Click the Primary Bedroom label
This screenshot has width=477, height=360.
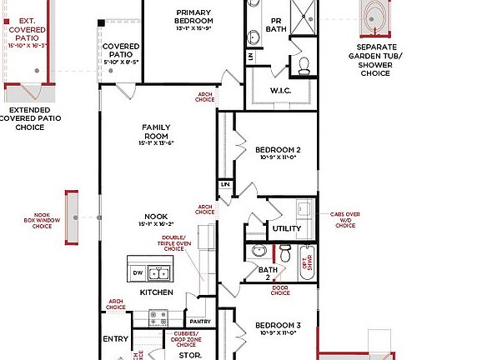click(193, 17)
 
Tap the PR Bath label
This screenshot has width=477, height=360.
click(276, 24)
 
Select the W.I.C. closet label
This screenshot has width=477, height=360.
click(279, 89)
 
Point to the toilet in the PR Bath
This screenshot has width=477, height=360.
click(304, 64)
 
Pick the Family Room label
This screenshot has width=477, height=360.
click(155, 132)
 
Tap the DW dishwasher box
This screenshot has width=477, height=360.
click(138, 272)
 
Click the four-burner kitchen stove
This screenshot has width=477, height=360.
click(157, 317)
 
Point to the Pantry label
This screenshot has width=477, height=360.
click(199, 321)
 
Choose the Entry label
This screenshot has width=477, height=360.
click(115, 339)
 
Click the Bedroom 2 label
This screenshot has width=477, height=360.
click(278, 150)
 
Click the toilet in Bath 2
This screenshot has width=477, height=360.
click(285, 252)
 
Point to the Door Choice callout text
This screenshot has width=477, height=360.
click(280, 291)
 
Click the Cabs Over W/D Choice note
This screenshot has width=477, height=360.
click(345, 219)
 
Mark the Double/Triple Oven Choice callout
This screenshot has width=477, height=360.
click(173, 242)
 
